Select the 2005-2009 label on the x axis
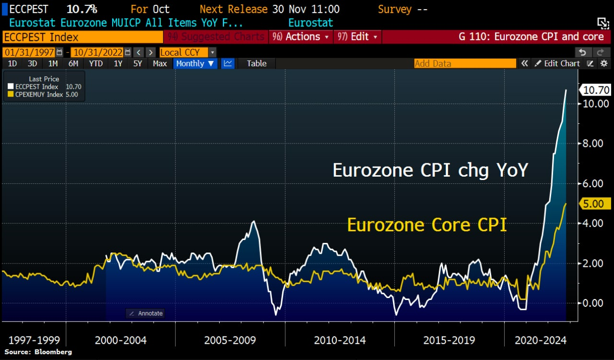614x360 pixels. [230, 340]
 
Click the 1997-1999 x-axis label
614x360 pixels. [34, 340]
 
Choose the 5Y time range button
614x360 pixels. [138, 63]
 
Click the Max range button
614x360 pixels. [160, 63]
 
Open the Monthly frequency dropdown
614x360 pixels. [195, 63]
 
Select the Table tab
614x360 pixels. [257, 63]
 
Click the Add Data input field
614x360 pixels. [464, 63]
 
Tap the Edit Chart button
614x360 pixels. [557, 63]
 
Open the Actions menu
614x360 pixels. [301, 37]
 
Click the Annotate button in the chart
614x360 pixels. [146, 313]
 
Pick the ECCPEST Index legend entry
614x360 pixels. [37, 87]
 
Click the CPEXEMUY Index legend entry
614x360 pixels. [39, 95]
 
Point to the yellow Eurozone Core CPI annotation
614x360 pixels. [427, 225]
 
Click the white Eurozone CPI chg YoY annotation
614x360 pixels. [430, 170]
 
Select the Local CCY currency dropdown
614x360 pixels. [188, 52]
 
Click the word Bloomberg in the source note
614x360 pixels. [53, 352]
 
